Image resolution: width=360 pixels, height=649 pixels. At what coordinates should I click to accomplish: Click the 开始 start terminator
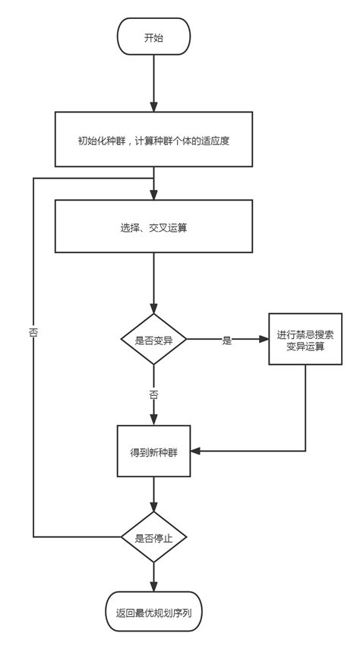pyautogui.click(x=153, y=38)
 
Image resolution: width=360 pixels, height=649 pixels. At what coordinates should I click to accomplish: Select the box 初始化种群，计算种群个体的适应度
pyautogui.click(x=153, y=141)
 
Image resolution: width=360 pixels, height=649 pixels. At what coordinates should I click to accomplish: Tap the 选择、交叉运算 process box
pyautogui.click(x=153, y=226)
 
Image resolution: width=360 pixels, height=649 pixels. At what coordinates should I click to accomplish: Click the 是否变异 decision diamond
pyautogui.click(x=153, y=340)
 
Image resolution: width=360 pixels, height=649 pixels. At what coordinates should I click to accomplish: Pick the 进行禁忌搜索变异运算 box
pyautogui.click(x=305, y=340)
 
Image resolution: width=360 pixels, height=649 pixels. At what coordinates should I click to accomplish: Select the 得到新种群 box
pyautogui.click(x=153, y=451)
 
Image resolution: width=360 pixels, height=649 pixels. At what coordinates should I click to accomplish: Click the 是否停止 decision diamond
pyautogui.click(x=153, y=537)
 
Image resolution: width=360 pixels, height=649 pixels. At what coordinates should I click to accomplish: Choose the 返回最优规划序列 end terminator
pyautogui.click(x=153, y=612)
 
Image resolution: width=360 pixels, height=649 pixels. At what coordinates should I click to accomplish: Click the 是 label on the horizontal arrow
pyautogui.click(x=226, y=340)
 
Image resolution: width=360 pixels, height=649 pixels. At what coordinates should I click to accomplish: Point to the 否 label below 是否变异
pyautogui.click(x=153, y=395)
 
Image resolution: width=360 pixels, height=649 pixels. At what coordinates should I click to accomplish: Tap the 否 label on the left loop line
pyautogui.click(x=33, y=332)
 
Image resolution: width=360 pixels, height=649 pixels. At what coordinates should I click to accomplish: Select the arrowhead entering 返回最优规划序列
pyautogui.click(x=153, y=587)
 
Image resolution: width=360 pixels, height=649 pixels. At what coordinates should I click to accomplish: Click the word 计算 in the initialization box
pyautogui.click(x=146, y=141)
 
